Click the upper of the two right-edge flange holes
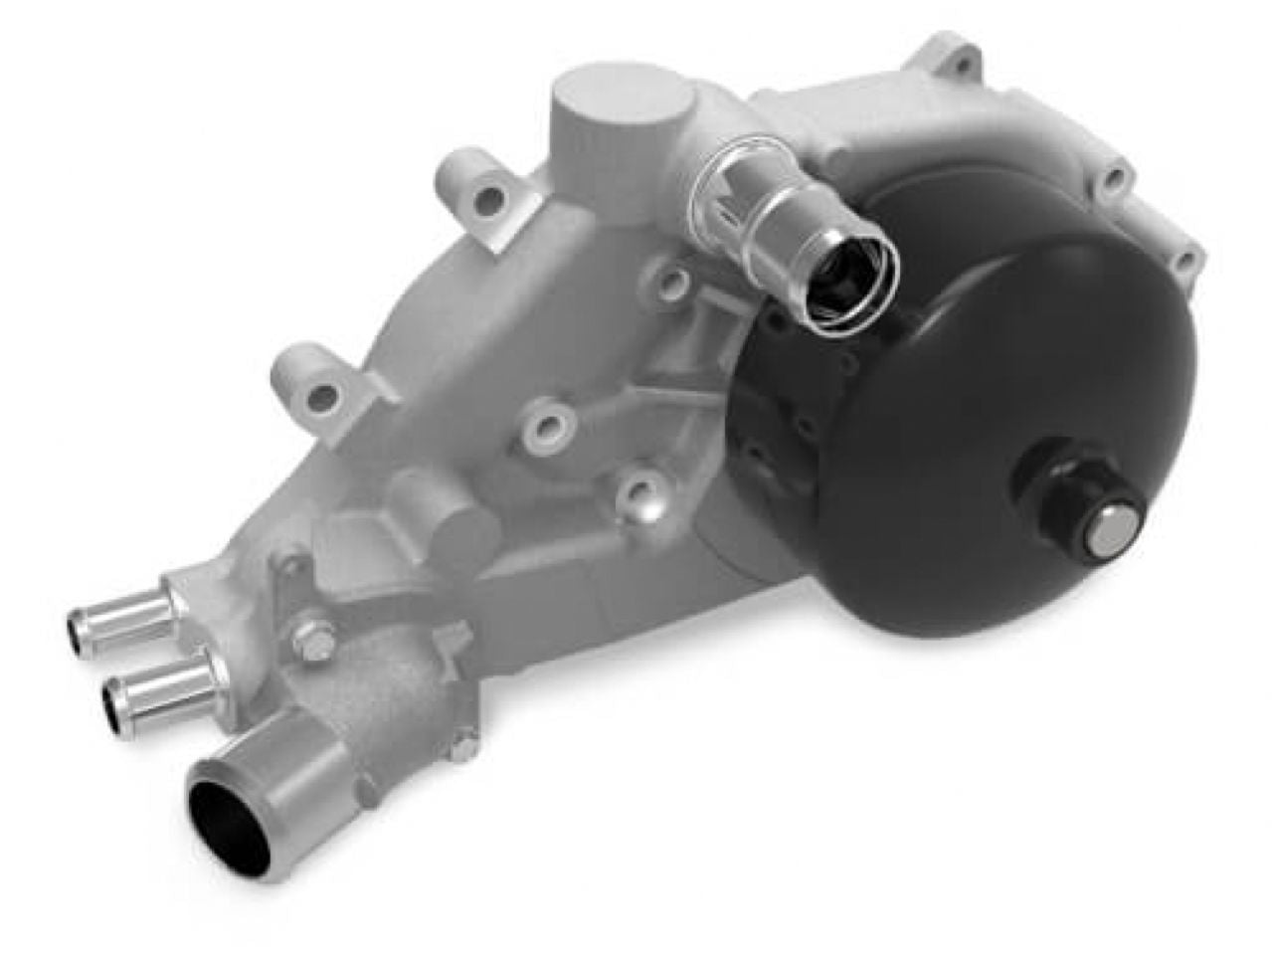pos(1116,180)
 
